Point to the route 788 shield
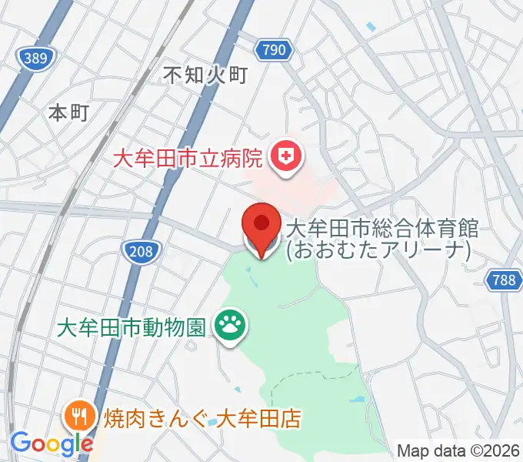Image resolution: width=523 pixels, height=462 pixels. pyautogui.click(x=504, y=280)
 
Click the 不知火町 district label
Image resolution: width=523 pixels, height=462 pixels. pyautogui.click(x=206, y=75)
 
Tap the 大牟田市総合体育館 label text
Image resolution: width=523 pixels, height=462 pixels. pyautogui.click(x=382, y=228)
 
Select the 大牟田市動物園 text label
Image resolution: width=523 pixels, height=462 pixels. pyautogui.click(x=132, y=327)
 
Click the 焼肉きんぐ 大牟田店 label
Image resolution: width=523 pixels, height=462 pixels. pyautogui.click(x=193, y=420)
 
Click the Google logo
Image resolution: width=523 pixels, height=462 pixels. pyautogui.click(x=51, y=444)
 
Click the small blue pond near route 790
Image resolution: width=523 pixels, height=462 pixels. pyautogui.click(x=371, y=27)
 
